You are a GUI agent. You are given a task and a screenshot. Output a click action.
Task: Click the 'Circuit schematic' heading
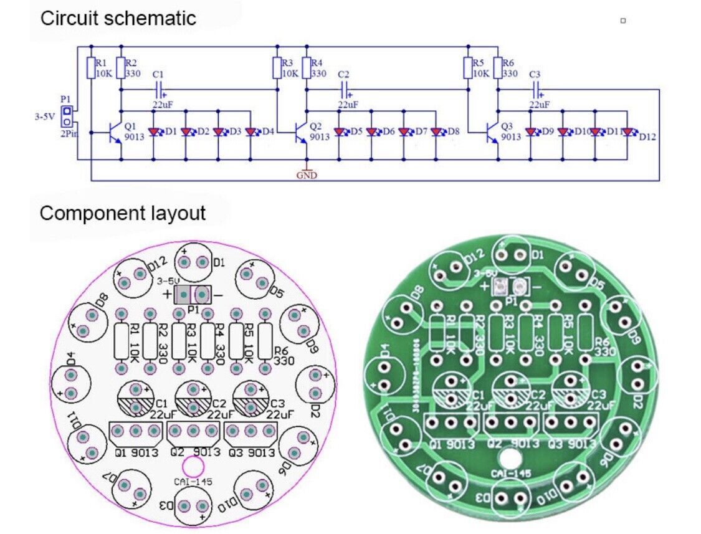coord(118,18)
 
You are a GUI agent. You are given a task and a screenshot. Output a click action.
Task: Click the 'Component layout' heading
coord(122,213)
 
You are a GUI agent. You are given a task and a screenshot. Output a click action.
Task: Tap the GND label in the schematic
coord(307,176)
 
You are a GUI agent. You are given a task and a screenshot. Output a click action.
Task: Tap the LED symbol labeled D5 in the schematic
coord(340,132)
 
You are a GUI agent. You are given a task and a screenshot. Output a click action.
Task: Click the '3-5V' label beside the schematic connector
coord(45,116)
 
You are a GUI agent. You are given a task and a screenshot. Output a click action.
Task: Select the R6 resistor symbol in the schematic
coord(497,67)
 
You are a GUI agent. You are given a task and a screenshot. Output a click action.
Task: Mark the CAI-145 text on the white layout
coord(192,482)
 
